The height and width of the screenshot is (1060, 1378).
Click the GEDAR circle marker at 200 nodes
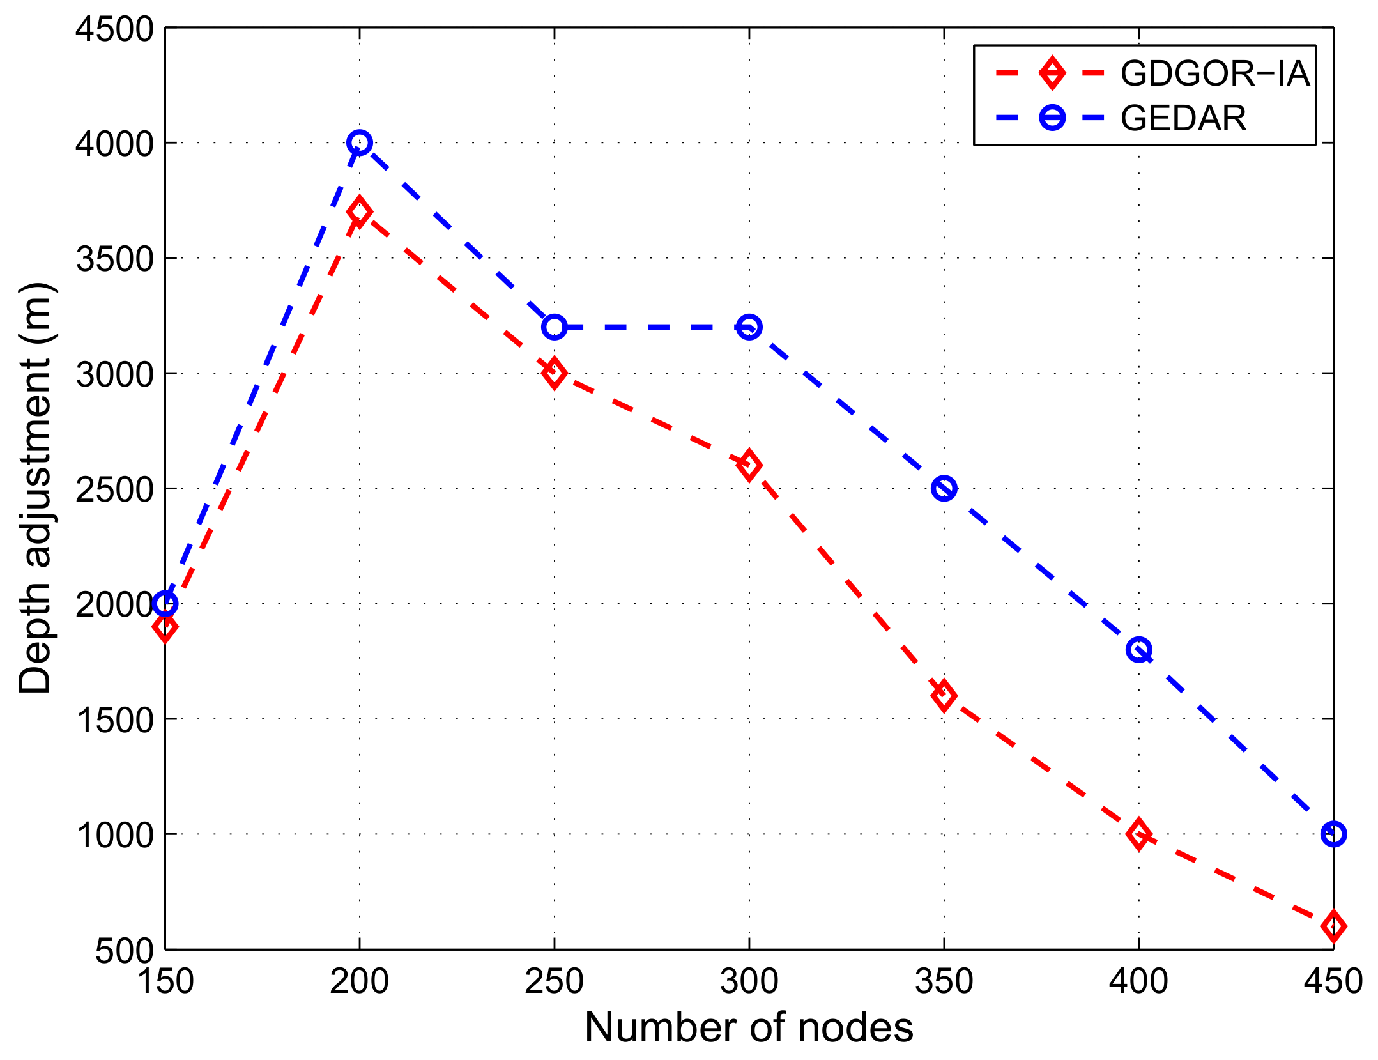pyautogui.click(x=360, y=142)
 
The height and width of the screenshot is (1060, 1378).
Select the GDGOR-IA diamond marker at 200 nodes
pyautogui.click(x=360, y=212)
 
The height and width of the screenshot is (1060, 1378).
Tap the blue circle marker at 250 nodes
pyautogui.click(x=554, y=327)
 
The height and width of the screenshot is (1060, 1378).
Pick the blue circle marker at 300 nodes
pyautogui.click(x=749, y=327)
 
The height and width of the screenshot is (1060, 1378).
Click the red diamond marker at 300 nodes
pyautogui.click(x=749, y=465)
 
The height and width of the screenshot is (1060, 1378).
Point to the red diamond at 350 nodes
pyautogui.click(x=944, y=696)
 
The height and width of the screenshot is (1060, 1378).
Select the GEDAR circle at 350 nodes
pyautogui.click(x=944, y=489)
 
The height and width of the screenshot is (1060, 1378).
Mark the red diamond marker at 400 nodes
pyautogui.click(x=1138, y=834)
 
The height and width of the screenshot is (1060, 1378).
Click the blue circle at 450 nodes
pyautogui.click(x=1333, y=834)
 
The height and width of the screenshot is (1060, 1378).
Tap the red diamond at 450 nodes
pyautogui.click(x=1333, y=926)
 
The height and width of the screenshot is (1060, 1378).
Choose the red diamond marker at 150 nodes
pyautogui.click(x=165, y=627)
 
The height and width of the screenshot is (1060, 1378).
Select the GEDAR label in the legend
pyautogui.click(x=1183, y=118)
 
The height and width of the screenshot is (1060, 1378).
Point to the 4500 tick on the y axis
pyautogui.click(x=115, y=29)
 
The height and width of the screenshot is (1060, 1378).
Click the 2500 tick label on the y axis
pyautogui.click(x=115, y=489)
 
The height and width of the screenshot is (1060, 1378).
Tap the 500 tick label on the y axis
pyautogui.click(x=125, y=951)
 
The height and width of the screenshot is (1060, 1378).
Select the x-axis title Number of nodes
pyautogui.click(x=749, y=1029)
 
